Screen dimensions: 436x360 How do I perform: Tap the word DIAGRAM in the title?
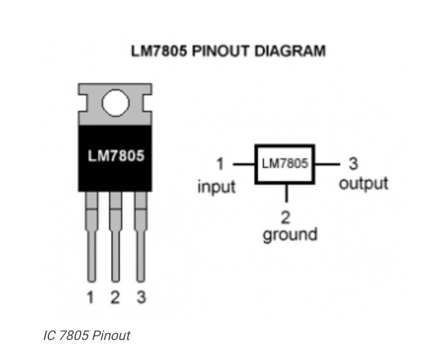(x=289, y=51)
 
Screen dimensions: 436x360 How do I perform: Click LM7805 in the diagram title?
(x=159, y=51)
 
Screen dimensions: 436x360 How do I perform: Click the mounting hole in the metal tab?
(x=116, y=102)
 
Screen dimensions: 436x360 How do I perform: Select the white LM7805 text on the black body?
(x=116, y=156)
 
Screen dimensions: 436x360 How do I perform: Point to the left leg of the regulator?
(x=91, y=237)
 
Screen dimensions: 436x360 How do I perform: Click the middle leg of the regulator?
(x=116, y=237)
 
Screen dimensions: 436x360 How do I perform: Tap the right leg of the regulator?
(x=140, y=237)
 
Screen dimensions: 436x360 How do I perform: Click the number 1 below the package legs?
(x=90, y=298)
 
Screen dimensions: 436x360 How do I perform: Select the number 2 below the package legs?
(x=115, y=298)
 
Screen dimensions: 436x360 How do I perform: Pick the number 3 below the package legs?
(x=141, y=297)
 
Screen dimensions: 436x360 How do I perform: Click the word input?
(x=217, y=187)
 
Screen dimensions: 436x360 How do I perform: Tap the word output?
(x=363, y=184)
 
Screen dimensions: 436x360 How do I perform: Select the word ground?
(x=290, y=235)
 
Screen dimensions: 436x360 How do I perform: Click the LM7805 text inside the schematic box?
(x=285, y=163)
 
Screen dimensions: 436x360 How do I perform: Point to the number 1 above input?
(x=220, y=164)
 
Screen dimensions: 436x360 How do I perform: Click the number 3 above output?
(x=353, y=163)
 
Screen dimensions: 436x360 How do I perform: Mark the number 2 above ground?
(x=286, y=218)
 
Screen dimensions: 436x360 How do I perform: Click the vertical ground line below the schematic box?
(x=286, y=193)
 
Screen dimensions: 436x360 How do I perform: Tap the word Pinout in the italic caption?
(x=111, y=336)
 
